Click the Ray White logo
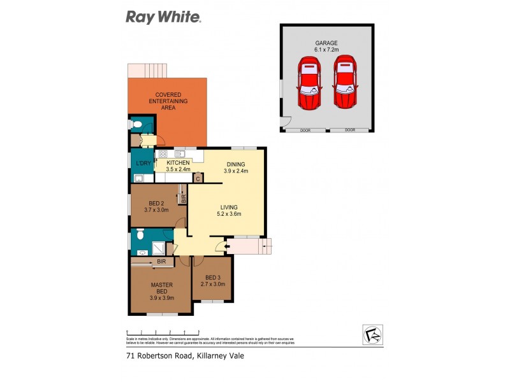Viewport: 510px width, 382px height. click(x=163, y=17)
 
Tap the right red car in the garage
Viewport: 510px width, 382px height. click(x=344, y=83)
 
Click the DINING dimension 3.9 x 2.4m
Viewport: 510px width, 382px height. click(x=235, y=171)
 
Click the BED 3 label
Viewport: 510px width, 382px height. click(x=212, y=280)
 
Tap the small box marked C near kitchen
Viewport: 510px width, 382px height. click(x=198, y=178)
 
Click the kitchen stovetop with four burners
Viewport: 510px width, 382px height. click(x=163, y=154)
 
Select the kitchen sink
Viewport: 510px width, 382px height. click(x=180, y=153)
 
